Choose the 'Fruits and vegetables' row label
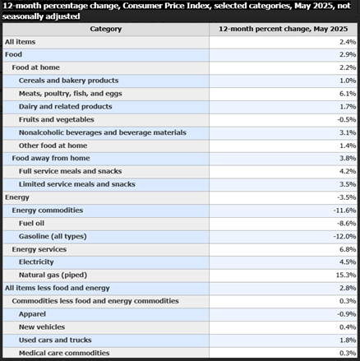[58, 120]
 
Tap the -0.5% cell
[346, 120]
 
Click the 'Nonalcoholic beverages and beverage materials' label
[102, 132]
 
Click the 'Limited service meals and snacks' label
[77, 184]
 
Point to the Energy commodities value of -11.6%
[344, 211]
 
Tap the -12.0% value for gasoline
[344, 236]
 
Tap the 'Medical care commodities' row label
[64, 353]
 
